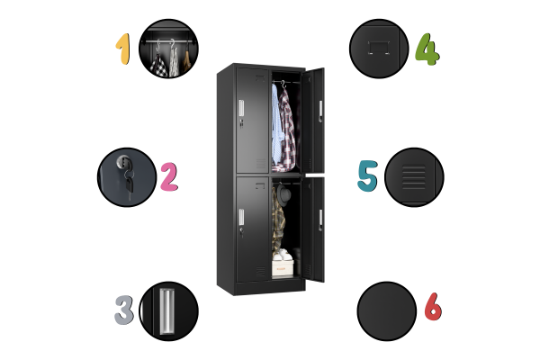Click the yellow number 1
(x=123, y=49)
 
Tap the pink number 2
(x=169, y=177)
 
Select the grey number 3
(x=124, y=310)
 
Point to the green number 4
(x=427, y=49)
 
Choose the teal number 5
(x=367, y=175)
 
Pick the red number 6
(x=433, y=306)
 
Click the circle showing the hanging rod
(x=169, y=49)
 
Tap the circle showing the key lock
(x=127, y=177)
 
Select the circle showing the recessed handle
(x=169, y=311)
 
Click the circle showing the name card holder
(x=379, y=49)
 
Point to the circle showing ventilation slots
(x=414, y=177)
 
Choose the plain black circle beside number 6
(x=387, y=311)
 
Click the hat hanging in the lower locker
(x=283, y=195)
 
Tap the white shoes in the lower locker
(x=283, y=256)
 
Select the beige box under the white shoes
(x=283, y=268)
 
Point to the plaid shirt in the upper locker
(x=287, y=130)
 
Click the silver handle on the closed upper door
(x=241, y=107)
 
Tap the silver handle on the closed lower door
(x=241, y=217)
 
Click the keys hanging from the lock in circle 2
(x=129, y=183)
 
